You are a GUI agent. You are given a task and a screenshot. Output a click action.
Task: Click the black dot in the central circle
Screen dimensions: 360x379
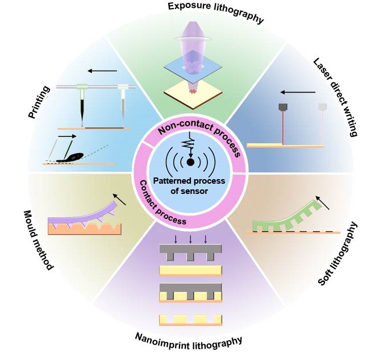pyautogui.click(x=190, y=162)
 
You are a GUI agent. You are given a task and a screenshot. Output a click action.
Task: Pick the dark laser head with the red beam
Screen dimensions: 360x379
pyautogui.click(x=282, y=107)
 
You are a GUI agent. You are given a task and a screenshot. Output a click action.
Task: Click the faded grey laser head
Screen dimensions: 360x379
pyautogui.click(x=322, y=107)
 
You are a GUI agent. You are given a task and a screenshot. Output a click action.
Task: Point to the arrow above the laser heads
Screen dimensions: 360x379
pyautogui.click(x=297, y=91)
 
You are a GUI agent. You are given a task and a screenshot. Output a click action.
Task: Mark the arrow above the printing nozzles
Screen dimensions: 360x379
pyautogui.click(x=102, y=71)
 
